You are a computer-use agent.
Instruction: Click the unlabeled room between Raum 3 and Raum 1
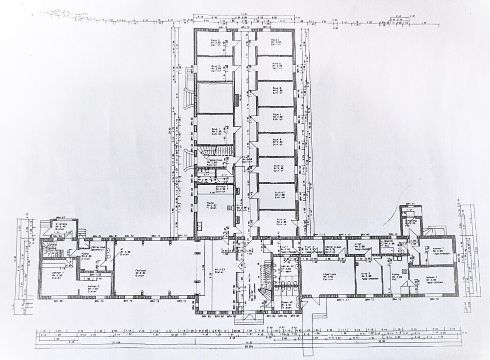[215, 98]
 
